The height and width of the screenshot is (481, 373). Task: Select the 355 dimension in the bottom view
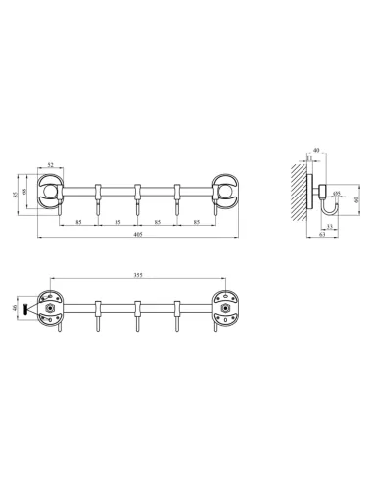(137, 274)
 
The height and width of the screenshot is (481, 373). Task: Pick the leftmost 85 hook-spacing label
(77, 223)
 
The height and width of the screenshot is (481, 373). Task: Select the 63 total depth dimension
(322, 236)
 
